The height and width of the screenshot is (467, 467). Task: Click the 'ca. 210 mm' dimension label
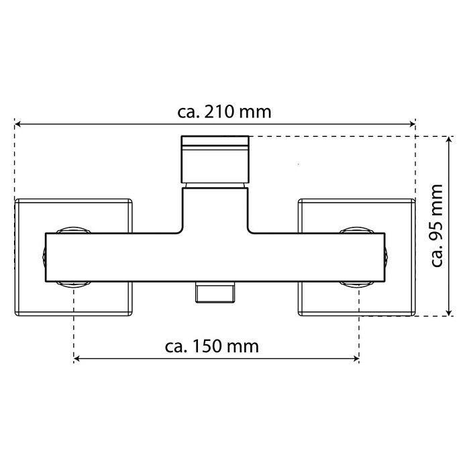tap(224, 112)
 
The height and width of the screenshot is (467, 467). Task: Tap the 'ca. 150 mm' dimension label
tap(212, 347)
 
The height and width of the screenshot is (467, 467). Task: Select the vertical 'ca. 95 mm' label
tap(437, 225)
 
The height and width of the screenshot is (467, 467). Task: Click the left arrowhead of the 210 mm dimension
tap(17, 124)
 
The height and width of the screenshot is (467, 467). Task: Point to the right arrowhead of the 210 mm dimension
tap(412, 124)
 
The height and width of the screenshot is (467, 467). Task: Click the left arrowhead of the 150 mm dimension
tap(76, 358)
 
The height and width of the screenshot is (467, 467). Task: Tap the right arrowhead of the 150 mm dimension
tap(356, 358)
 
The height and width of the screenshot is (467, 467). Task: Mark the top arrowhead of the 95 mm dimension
tap(449, 140)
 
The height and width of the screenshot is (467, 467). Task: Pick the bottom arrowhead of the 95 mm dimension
tap(449, 313)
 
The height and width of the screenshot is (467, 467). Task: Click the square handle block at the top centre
tap(215, 159)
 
